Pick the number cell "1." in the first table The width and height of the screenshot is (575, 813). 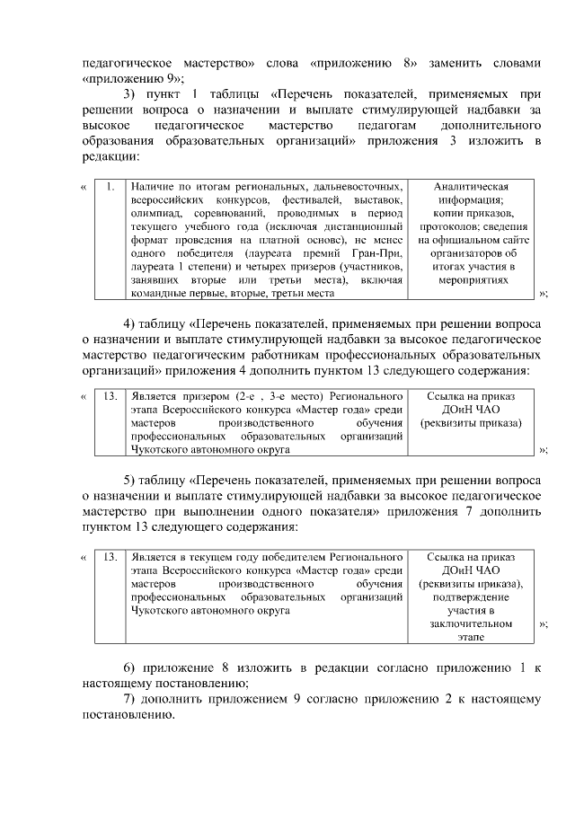pos(109,187)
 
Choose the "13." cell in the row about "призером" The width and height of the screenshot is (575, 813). pos(109,395)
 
